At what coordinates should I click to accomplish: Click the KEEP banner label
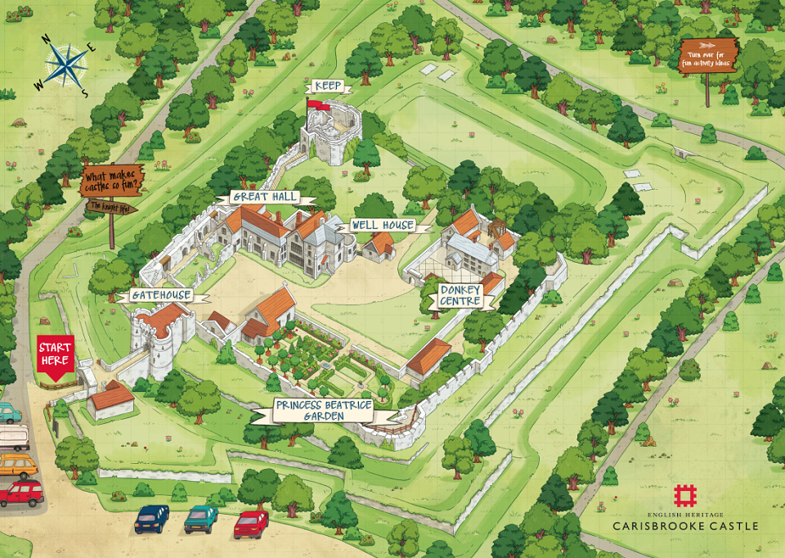[328, 86]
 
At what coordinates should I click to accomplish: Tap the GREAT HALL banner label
[263, 196]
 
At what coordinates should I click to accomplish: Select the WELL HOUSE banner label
[383, 225]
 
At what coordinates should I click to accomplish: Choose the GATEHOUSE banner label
[159, 295]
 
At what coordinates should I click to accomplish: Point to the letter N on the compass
[47, 37]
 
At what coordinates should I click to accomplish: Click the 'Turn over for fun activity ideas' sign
[708, 56]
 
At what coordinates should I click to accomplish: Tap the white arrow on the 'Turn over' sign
[709, 45]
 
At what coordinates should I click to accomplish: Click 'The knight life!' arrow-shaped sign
[110, 206]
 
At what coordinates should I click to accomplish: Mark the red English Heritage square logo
[685, 496]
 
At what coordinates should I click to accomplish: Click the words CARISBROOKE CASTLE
[685, 525]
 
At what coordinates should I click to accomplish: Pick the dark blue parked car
[151, 518]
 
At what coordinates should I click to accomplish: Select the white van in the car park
[13, 438]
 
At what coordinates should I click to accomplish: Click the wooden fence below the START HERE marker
[57, 383]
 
